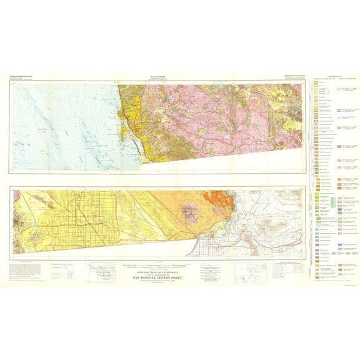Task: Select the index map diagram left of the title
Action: pyautogui.click(x=105, y=272)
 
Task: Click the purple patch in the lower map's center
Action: pyautogui.click(x=189, y=212)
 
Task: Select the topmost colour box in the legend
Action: pyautogui.click(x=316, y=82)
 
